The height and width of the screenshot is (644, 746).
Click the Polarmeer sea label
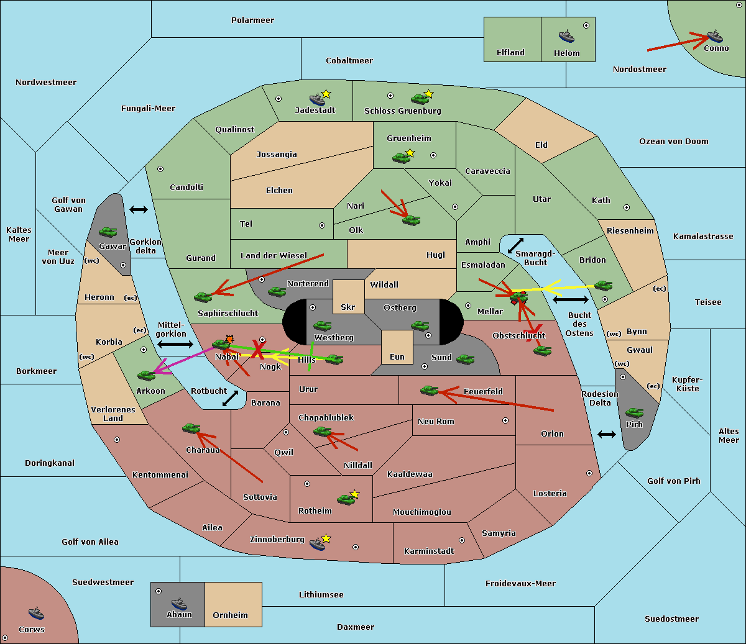click(x=252, y=20)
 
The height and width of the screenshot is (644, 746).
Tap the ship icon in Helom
click(x=566, y=36)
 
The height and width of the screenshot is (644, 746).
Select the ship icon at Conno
click(x=714, y=37)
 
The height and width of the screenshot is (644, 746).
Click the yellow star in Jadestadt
click(x=326, y=94)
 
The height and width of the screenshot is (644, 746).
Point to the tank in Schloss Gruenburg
click(x=420, y=98)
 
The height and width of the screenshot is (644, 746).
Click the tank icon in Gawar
click(x=108, y=232)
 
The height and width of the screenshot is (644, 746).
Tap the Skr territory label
click(x=348, y=307)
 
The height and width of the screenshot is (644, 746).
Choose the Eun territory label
click(x=397, y=356)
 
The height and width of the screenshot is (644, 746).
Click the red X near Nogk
click(x=258, y=349)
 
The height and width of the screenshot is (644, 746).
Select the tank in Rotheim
click(x=346, y=499)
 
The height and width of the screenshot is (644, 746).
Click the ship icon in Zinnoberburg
click(x=318, y=544)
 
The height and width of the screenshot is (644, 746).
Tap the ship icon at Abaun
click(x=179, y=603)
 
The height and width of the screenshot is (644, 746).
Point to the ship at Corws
click(x=36, y=612)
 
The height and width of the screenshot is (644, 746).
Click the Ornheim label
click(x=230, y=615)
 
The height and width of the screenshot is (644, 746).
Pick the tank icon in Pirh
click(x=634, y=412)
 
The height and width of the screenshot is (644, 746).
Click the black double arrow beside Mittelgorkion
click(x=175, y=344)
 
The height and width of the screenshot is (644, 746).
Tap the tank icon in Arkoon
click(x=146, y=375)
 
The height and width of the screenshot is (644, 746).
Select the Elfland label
click(x=510, y=52)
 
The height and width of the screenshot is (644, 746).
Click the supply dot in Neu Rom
click(x=505, y=420)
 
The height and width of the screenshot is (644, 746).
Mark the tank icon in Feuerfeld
click(x=429, y=390)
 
